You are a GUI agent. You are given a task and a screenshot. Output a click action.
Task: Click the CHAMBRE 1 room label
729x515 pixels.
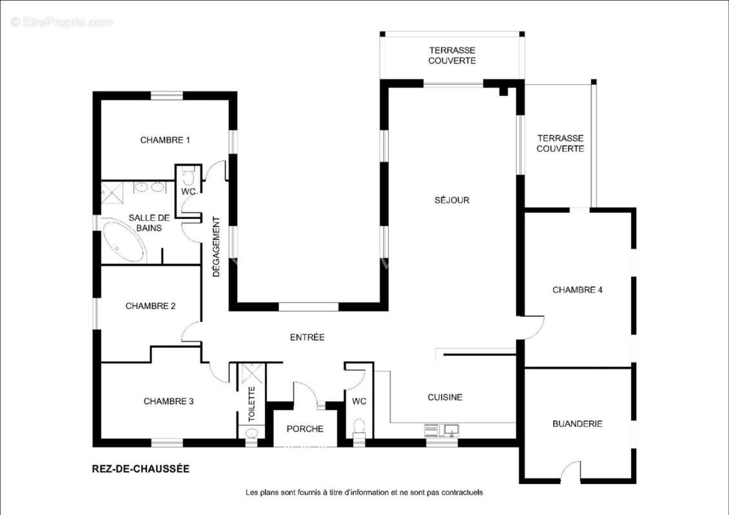[x=165, y=140]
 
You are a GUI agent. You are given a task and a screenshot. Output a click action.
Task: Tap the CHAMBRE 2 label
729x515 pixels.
[x=150, y=306]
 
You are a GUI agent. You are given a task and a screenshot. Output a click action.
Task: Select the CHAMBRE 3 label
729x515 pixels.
[x=168, y=401]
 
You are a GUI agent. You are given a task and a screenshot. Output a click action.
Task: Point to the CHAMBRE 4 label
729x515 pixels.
[x=578, y=290]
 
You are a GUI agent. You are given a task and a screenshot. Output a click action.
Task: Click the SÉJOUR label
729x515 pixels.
[x=452, y=200]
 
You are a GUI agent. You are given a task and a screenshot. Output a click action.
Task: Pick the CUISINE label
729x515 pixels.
[x=445, y=397]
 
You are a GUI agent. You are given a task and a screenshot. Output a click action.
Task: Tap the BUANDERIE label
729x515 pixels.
[x=578, y=424]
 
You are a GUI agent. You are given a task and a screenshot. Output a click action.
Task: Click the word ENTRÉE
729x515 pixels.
[x=307, y=337]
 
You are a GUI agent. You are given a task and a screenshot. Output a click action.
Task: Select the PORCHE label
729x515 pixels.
[x=305, y=429]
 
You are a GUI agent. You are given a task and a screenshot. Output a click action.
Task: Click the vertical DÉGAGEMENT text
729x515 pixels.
[x=216, y=247]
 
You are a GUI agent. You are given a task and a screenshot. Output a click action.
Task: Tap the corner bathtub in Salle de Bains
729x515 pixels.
[x=123, y=241]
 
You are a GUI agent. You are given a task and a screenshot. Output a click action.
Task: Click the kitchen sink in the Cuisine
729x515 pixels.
[x=451, y=431]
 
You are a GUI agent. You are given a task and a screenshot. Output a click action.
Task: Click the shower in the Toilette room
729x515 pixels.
[x=251, y=374]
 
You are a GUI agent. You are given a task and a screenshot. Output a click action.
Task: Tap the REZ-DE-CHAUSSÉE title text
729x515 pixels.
[x=141, y=469]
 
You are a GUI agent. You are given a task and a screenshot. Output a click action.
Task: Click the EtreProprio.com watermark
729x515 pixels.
[x=61, y=22]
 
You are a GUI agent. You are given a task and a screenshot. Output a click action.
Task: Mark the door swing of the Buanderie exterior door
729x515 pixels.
[x=570, y=470]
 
